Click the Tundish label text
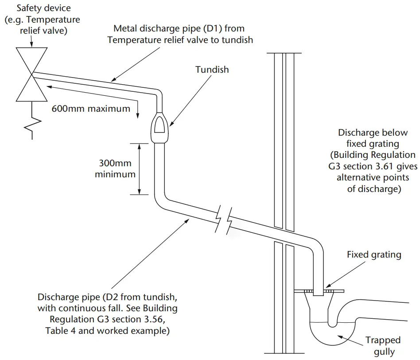(x=212, y=70)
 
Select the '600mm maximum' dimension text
(x=91, y=108)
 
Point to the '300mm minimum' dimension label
(x=115, y=169)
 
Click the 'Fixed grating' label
(x=374, y=254)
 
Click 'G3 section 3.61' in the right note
(x=354, y=167)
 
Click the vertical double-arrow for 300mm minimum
(x=140, y=169)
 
